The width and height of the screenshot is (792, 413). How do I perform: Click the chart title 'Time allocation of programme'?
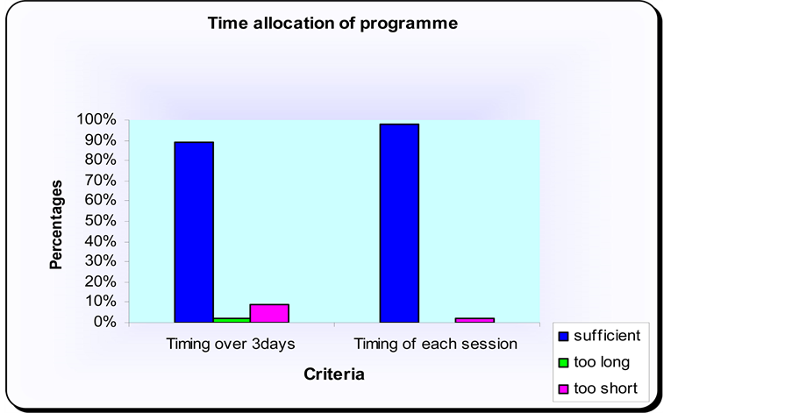click(332, 23)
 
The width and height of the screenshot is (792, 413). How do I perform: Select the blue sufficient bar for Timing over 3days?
click(194, 232)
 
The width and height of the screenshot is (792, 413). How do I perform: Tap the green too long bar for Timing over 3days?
click(232, 320)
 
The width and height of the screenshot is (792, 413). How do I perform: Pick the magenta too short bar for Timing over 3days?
click(269, 313)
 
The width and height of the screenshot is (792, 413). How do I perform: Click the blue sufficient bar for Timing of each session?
click(400, 224)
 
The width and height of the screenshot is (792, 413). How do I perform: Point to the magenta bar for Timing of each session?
click(474, 320)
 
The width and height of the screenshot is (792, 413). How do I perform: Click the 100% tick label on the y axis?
click(96, 119)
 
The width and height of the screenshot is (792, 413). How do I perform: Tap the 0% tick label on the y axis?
click(104, 322)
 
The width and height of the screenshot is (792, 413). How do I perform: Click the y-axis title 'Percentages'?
click(56, 224)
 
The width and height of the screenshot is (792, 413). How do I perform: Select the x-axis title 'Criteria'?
click(334, 374)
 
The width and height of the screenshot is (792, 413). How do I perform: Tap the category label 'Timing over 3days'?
click(231, 345)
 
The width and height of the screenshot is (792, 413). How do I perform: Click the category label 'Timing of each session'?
click(435, 345)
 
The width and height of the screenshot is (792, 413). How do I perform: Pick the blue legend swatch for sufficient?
click(564, 336)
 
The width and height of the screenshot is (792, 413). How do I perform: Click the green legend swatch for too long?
click(564, 362)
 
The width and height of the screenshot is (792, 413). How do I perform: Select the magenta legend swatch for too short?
click(564, 388)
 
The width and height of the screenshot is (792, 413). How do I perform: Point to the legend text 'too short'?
click(605, 388)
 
